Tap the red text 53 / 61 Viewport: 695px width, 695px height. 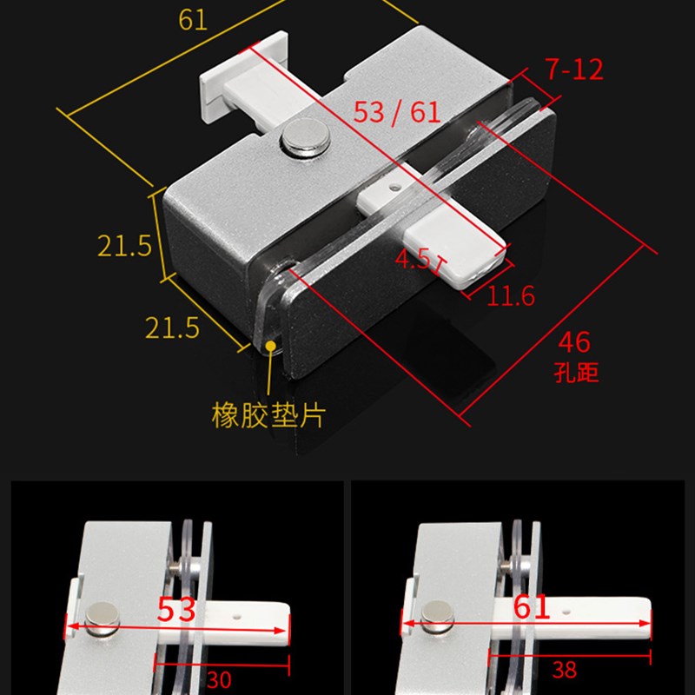(397, 112)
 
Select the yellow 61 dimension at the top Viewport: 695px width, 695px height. (194, 20)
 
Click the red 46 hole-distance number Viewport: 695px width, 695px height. (574, 342)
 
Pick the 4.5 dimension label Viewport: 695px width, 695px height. (413, 259)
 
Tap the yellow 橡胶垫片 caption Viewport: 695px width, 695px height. (268, 414)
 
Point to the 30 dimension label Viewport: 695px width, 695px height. (219, 679)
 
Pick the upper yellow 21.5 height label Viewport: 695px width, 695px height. (124, 246)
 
